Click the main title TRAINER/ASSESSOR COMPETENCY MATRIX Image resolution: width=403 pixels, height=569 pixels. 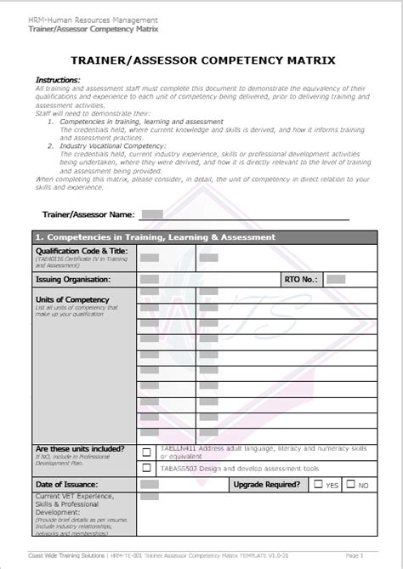click(x=201, y=60)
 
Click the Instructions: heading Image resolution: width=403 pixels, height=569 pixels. click(x=58, y=79)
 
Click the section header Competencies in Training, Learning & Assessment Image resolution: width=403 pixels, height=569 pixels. click(x=154, y=237)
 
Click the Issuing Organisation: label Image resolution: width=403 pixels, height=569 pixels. click(x=73, y=279)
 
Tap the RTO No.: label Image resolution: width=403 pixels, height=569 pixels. click(x=300, y=279)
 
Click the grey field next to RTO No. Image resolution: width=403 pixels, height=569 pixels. click(x=335, y=279)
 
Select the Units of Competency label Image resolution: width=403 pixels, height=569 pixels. click(x=72, y=299)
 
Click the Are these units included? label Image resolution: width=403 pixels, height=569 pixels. click(x=80, y=448)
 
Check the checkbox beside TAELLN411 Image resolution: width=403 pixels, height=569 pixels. click(x=147, y=452)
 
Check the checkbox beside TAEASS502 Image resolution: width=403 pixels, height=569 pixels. click(x=147, y=468)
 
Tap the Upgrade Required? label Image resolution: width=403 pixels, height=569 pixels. click(x=266, y=485)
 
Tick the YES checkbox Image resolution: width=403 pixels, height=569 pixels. click(x=318, y=485)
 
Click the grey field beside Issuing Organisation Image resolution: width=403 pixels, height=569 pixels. click(x=150, y=279)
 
